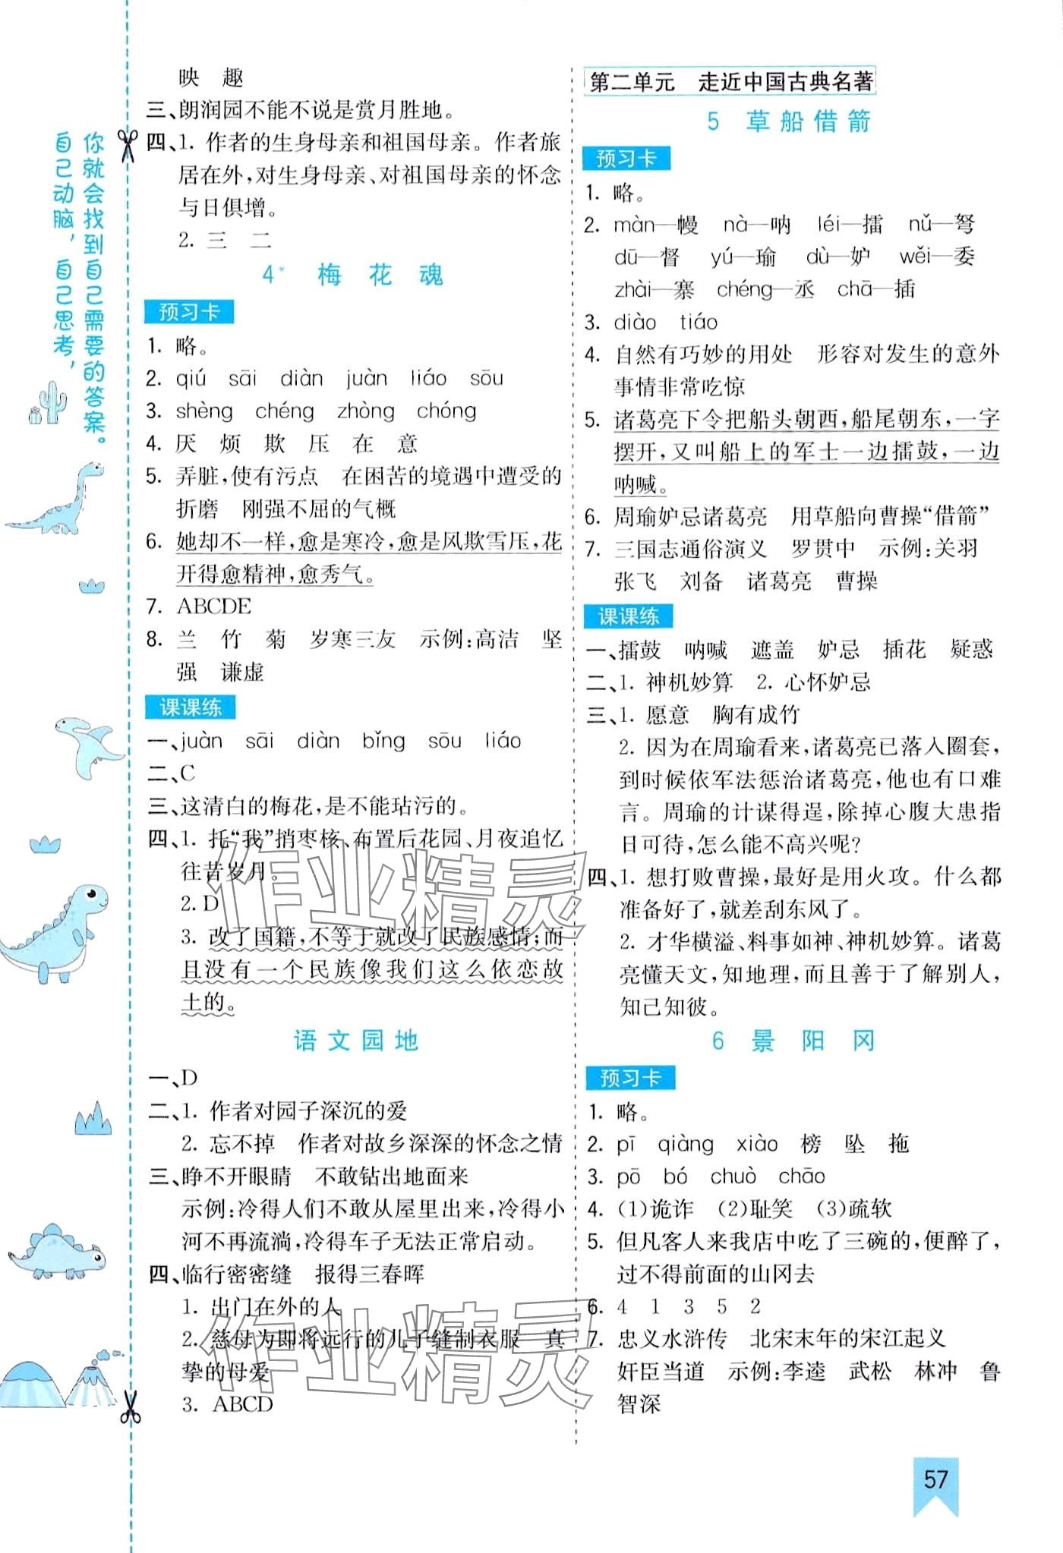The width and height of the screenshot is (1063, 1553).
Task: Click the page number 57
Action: pos(935,1479)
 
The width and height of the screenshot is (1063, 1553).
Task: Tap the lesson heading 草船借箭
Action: pos(808,121)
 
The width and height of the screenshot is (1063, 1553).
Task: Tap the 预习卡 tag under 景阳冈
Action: pos(629,1077)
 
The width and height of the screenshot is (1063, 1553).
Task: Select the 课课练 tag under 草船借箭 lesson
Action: pos(628,616)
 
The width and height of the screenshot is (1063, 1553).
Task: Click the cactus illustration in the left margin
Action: pos(47,402)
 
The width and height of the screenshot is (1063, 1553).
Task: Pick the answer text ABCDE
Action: pos(213,606)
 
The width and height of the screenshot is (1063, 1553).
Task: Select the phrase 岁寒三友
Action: pos(352,639)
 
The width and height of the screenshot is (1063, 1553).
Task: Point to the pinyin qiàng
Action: pos(685,1144)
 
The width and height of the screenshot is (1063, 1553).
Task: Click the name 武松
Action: pos(869,1371)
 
